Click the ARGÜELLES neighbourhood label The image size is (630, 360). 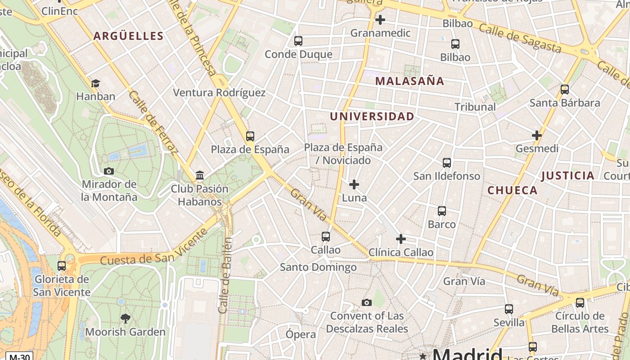128,36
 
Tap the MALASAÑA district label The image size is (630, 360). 409,81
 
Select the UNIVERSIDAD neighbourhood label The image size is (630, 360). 372,117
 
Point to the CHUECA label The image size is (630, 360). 513,190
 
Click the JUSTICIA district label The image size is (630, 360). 568,175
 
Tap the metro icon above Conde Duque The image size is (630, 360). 298,41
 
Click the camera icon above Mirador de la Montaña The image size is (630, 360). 109,171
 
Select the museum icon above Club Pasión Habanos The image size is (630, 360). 200,175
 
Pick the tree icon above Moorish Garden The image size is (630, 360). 126,319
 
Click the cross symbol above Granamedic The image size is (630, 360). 380,20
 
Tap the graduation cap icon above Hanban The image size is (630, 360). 95,83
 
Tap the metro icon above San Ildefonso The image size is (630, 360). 446,163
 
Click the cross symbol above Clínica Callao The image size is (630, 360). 401,239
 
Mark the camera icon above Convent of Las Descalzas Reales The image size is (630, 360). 367,302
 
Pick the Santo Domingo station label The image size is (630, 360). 318,267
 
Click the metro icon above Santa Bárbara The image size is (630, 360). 565,90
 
